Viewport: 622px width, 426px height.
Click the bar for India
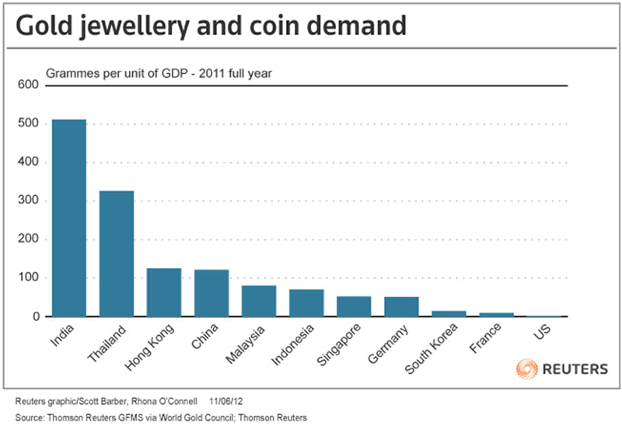pyautogui.click(x=69, y=218)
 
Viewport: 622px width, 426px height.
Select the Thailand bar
pyautogui.click(x=117, y=253)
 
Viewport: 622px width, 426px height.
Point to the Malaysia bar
pyautogui.click(x=259, y=301)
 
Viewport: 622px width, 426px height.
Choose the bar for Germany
pyautogui.click(x=401, y=306)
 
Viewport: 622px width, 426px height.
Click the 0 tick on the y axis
pyautogui.click(x=35, y=316)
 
